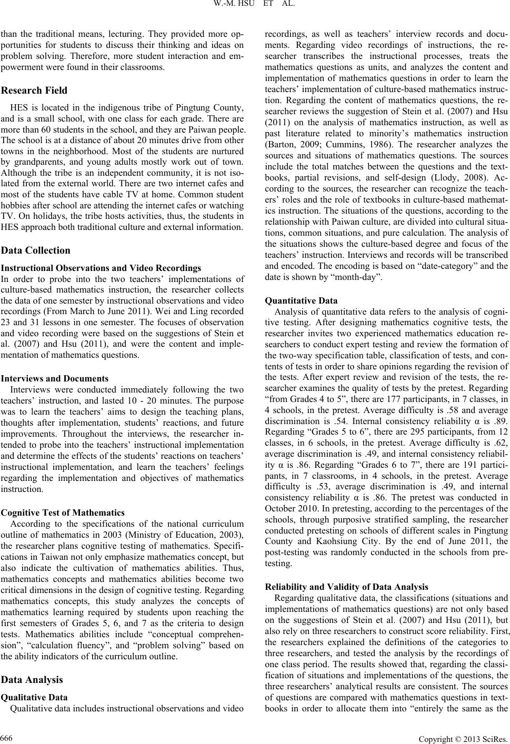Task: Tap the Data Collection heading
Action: pyautogui.click(x=36, y=250)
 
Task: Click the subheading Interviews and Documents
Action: pyautogui.click(x=55, y=378)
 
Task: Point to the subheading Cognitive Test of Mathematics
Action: pyautogui.click(x=63, y=512)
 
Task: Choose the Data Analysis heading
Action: pyautogui.click(x=32, y=679)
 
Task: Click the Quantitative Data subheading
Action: pyautogui.click(x=302, y=301)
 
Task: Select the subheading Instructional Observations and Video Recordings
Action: pyautogui.click(x=101, y=268)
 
